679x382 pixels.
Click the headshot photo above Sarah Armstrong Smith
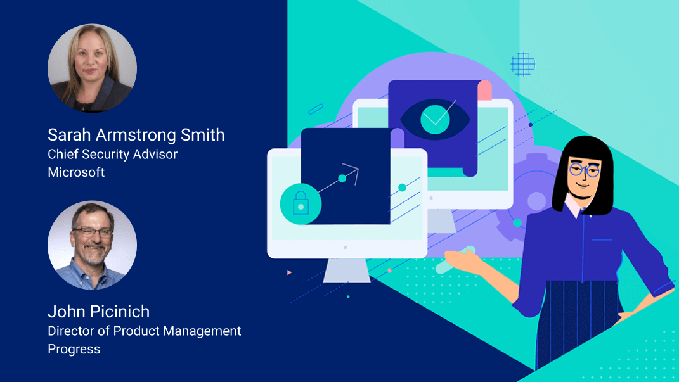pyautogui.click(x=92, y=68)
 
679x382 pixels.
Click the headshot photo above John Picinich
pyautogui.click(x=92, y=245)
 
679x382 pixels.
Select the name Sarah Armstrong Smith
pyautogui.click(x=136, y=135)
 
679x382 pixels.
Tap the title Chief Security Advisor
pyautogui.click(x=113, y=154)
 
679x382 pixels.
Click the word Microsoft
pyautogui.click(x=76, y=172)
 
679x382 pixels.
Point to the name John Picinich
pyautogui.click(x=99, y=312)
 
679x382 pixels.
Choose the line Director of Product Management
pyautogui.click(x=145, y=331)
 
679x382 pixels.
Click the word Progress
pyautogui.click(x=74, y=349)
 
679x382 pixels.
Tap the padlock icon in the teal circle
pyautogui.click(x=301, y=204)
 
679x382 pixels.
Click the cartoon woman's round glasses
pyautogui.click(x=583, y=169)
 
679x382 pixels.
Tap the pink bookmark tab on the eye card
pyautogui.click(x=484, y=91)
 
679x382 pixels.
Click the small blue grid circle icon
pyautogui.click(x=522, y=64)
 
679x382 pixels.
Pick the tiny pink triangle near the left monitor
pyautogui.click(x=290, y=272)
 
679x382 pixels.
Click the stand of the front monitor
pyautogui.click(x=347, y=269)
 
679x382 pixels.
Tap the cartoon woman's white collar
pyautogui.click(x=573, y=207)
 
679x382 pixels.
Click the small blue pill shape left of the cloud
pyautogui.click(x=316, y=109)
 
